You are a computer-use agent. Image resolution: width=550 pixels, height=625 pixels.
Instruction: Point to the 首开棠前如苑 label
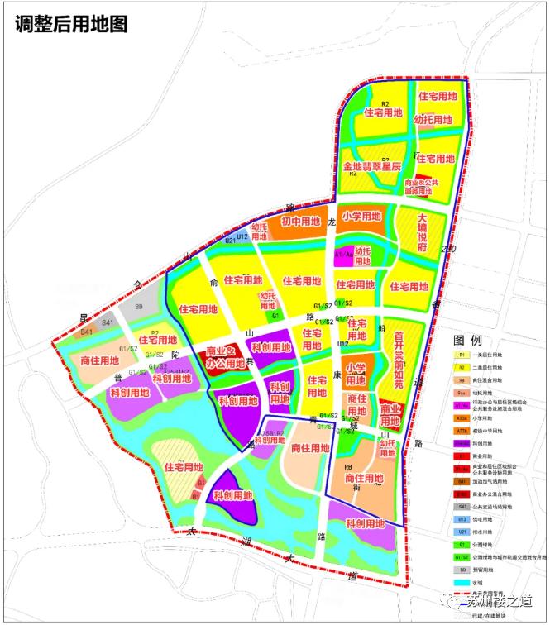coord(399,360)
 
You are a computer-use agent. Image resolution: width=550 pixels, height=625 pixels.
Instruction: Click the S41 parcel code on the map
coord(108,322)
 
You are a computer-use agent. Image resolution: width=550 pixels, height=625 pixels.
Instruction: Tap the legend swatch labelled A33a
coord(462,418)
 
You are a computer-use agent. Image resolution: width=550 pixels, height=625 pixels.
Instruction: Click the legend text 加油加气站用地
coord(504,481)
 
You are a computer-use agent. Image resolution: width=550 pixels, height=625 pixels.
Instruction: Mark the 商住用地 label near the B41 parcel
coord(102,360)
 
